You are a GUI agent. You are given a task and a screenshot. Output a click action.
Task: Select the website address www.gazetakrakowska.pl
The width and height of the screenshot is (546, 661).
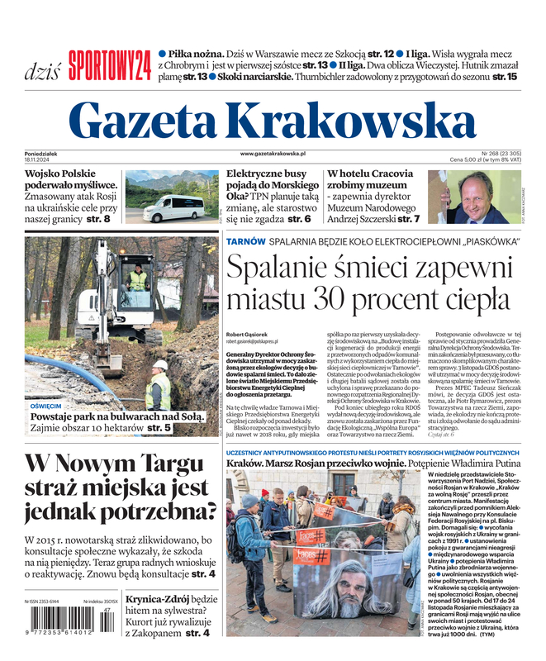click(x=273, y=153)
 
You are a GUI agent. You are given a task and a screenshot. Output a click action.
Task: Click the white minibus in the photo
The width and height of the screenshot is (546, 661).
click(x=173, y=207)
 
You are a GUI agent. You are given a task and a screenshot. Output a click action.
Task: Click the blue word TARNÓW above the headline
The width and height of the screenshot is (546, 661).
click(x=246, y=241)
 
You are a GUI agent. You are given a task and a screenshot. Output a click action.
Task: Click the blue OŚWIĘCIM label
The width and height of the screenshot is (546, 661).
click(x=45, y=407)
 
